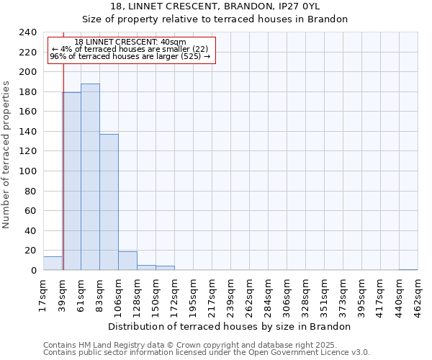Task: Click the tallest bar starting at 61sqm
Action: click(90, 176)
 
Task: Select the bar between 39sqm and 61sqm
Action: click(71, 181)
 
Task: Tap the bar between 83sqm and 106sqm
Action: click(109, 202)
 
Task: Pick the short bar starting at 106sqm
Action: click(127, 261)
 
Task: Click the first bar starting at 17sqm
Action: click(53, 264)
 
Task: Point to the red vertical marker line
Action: click(63, 166)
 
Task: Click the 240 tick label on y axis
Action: click(27, 32)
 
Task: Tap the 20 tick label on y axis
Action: click(30, 251)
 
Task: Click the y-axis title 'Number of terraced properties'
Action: click(6, 154)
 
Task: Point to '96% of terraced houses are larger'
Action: click(130, 56)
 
